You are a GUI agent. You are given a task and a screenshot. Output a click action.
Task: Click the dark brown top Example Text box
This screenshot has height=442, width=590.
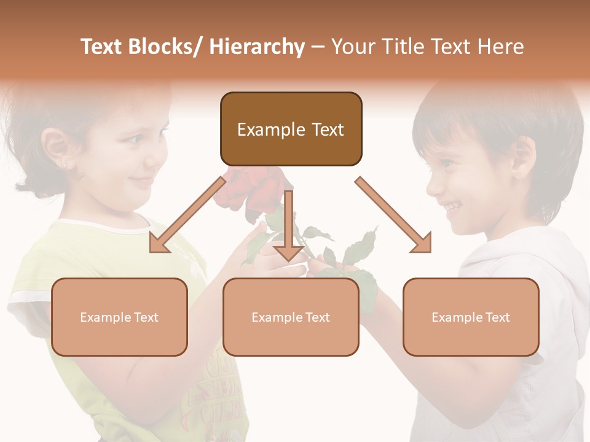tap(291, 129)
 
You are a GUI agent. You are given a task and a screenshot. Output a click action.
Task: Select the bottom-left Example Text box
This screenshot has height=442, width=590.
tap(119, 317)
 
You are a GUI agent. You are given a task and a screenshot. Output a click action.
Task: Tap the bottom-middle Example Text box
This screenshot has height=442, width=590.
tap(291, 317)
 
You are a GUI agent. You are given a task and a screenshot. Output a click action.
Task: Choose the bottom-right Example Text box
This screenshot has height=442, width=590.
tap(471, 317)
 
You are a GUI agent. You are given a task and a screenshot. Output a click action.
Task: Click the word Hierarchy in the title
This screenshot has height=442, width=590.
tap(257, 47)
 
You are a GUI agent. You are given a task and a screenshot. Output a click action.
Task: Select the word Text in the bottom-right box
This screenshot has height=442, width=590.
tap(498, 317)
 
